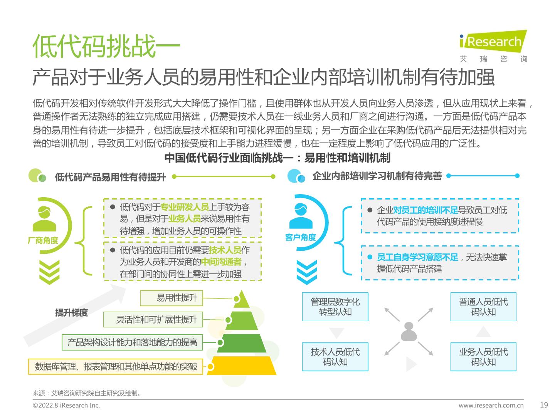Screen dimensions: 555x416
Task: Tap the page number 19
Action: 544,405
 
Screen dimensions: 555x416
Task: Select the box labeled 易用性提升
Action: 172,298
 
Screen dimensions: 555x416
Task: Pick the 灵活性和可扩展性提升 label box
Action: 153,319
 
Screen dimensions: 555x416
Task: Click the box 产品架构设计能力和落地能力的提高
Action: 132,342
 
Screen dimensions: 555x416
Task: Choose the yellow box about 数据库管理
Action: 116,366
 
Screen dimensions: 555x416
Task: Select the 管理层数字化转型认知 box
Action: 335,307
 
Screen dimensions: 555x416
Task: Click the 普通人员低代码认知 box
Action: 483,307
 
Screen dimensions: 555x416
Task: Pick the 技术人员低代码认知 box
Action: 335,356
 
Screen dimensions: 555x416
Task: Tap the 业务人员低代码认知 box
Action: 483,356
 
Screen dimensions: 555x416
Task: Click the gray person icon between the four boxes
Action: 409,332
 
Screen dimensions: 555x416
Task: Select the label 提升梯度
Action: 71,313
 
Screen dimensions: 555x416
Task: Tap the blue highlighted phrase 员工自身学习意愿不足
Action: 417,257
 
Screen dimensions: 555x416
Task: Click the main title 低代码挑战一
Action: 106,46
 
